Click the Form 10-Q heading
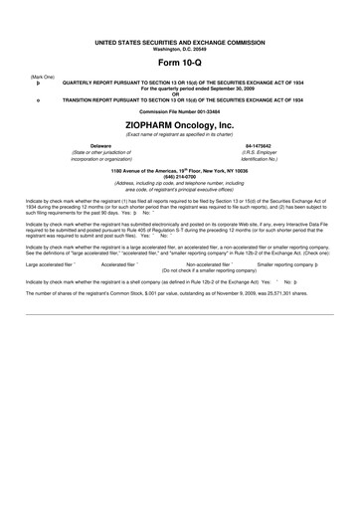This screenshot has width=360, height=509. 181,63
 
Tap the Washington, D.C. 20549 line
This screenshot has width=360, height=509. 181,50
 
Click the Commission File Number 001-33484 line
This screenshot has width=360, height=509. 181,111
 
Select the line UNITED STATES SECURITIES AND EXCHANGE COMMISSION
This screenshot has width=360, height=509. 181,44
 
